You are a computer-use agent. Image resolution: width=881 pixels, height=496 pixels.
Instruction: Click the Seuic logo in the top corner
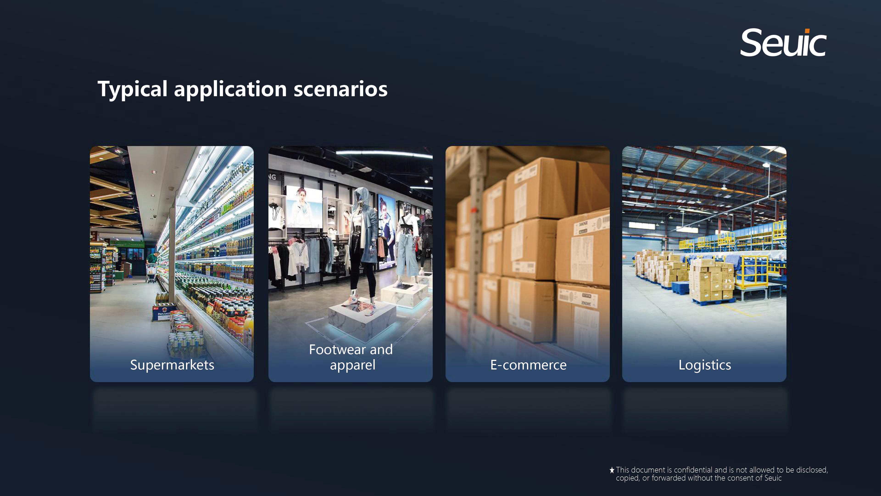click(783, 42)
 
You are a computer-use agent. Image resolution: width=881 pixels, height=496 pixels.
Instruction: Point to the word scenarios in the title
click(340, 89)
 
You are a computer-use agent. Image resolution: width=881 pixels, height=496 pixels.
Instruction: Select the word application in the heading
click(230, 89)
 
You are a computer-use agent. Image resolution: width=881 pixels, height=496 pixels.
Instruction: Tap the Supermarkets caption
click(172, 365)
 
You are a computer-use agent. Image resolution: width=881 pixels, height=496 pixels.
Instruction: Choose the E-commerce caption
click(528, 365)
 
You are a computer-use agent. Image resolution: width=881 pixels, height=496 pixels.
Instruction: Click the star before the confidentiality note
click(612, 470)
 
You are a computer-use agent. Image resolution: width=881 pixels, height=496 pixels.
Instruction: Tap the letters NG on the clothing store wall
click(272, 177)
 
